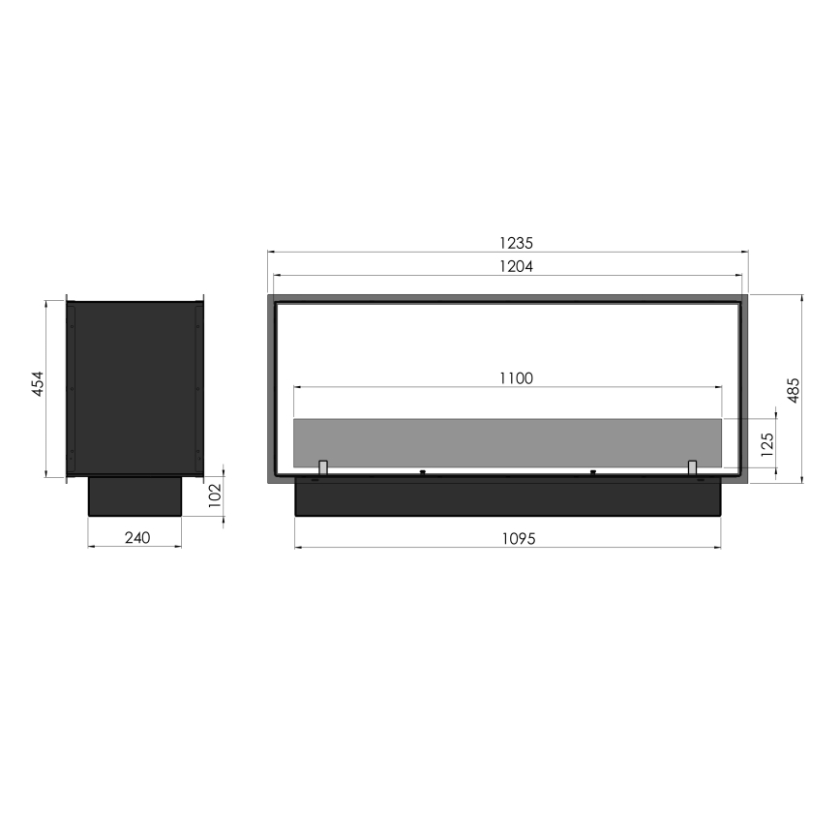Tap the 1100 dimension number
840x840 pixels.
(x=515, y=378)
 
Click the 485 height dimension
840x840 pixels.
(x=793, y=389)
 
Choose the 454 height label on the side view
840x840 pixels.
(x=36, y=387)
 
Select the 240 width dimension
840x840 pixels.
(x=137, y=538)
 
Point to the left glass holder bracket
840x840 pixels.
(x=323, y=468)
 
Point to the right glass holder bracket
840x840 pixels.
(x=692, y=468)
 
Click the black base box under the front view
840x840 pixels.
(x=507, y=498)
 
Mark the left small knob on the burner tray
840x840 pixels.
(x=423, y=472)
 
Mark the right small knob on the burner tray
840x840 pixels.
(x=592, y=472)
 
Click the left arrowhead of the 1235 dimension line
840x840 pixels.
(x=271, y=253)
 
